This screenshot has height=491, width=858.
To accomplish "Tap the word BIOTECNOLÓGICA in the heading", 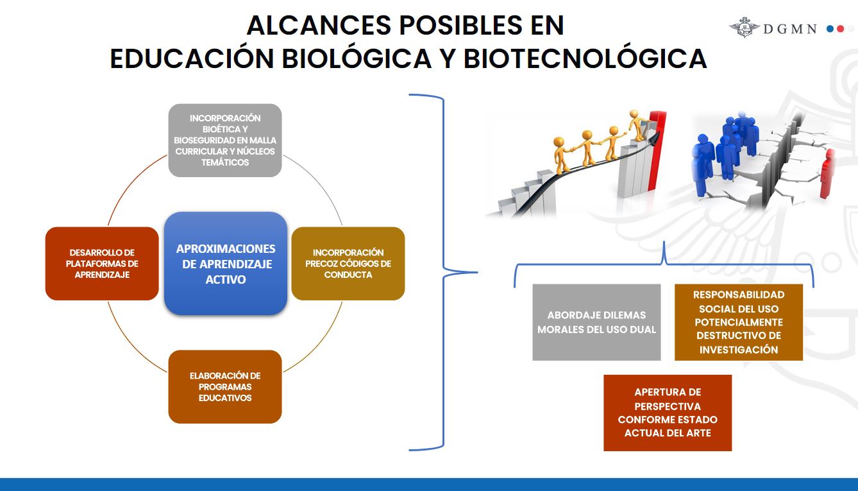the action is pyautogui.click(x=585, y=58).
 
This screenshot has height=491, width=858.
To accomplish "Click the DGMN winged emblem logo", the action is pyautogui.click(x=744, y=28).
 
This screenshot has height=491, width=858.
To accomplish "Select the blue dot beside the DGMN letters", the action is pyautogui.click(x=830, y=29).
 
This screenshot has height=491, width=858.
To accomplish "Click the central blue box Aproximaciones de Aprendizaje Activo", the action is pyautogui.click(x=226, y=263).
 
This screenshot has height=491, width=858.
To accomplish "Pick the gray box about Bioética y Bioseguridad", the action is pyautogui.click(x=225, y=141).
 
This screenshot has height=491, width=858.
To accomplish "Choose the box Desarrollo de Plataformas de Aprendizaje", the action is pyautogui.click(x=102, y=263).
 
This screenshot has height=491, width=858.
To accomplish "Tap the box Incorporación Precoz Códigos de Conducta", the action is pyautogui.click(x=348, y=263).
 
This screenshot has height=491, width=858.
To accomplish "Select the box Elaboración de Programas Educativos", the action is pyautogui.click(x=225, y=387).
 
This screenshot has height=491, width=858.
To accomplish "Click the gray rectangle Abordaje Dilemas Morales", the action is pyautogui.click(x=596, y=322).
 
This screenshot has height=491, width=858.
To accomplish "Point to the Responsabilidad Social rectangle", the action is pyautogui.click(x=739, y=322).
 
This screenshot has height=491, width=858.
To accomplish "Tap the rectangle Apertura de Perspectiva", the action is pyautogui.click(x=668, y=413).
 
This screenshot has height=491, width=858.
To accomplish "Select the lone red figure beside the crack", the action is pyautogui.click(x=828, y=174).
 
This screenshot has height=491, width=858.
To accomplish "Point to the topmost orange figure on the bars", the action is pyautogui.click(x=637, y=125).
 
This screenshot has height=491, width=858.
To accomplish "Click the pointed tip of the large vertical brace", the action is pyautogui.click(x=477, y=273).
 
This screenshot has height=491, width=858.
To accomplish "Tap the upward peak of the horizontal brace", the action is pyautogui.click(x=664, y=242).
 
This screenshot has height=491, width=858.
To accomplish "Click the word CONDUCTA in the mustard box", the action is pyautogui.click(x=348, y=275).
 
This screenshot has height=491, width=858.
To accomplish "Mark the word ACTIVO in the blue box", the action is pyautogui.click(x=226, y=279).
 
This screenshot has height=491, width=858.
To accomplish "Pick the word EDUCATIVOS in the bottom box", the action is pyautogui.click(x=225, y=398).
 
